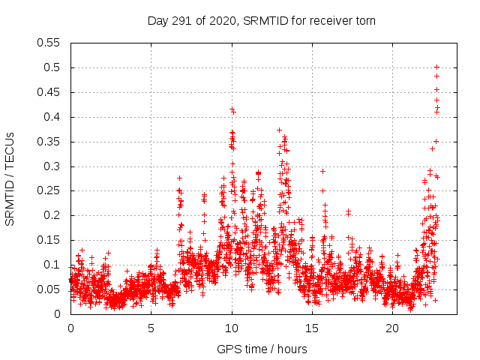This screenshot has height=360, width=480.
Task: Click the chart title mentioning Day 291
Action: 261,21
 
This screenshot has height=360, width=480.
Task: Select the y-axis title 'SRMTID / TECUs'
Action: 10,178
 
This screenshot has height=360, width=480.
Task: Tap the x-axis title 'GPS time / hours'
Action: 262,349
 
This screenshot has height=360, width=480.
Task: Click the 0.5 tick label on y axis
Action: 53,67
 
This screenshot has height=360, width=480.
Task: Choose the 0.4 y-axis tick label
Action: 53,117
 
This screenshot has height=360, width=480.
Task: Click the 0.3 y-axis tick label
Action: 53,166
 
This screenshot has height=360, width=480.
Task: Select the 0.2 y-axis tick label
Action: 53,215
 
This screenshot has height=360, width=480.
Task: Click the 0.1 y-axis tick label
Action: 53,265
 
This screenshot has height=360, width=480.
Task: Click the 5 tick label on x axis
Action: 151,328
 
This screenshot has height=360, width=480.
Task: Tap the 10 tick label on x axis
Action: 232,328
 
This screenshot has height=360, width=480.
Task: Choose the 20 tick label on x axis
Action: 393,328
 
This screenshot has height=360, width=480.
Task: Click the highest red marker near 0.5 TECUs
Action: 436,67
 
